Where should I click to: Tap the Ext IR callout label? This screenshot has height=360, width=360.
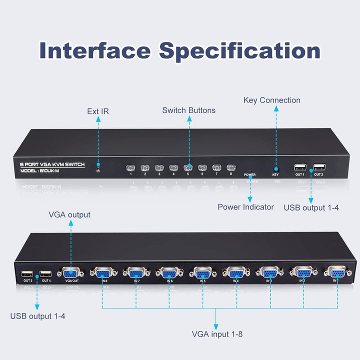(x=98, y=111)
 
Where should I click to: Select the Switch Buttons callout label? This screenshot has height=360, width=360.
(x=189, y=110)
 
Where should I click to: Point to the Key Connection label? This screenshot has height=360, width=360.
(x=272, y=100)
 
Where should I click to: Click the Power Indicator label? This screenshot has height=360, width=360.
(x=245, y=206)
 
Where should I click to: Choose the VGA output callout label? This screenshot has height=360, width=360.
(x=69, y=214)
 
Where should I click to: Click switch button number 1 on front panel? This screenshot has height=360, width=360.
(x=131, y=167)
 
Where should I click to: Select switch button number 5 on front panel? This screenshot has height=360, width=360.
(x=188, y=167)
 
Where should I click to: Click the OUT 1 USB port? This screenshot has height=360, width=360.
(x=299, y=167)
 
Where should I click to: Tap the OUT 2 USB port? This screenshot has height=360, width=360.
(x=318, y=166)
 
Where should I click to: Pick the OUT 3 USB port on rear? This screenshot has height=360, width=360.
(x=27, y=273)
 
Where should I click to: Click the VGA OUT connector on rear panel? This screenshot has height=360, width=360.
(x=70, y=272)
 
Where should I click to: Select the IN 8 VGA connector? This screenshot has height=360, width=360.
(x=103, y=272)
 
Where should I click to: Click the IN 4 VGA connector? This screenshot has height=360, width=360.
(x=235, y=272)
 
